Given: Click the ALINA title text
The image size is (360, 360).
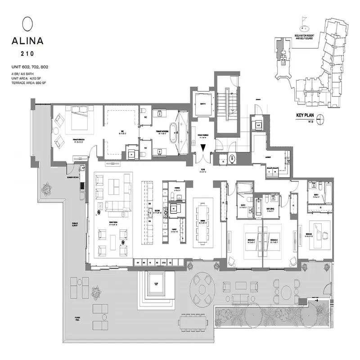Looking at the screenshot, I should (x=27, y=40).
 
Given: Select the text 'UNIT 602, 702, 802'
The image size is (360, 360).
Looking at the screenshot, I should (x=30, y=67).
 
